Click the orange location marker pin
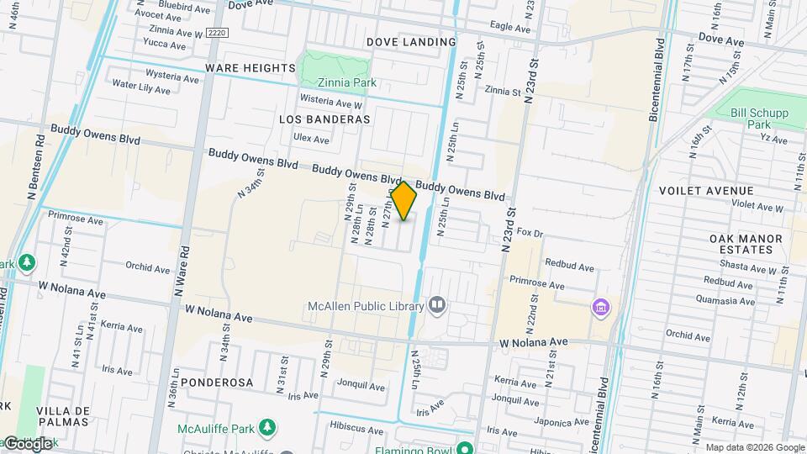(x=404, y=201)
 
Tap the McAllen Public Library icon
(x=437, y=304)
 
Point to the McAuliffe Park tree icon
(x=267, y=428)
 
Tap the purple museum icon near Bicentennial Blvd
(x=600, y=308)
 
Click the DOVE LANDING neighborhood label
(x=411, y=42)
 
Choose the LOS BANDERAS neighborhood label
(x=324, y=119)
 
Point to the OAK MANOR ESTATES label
(x=746, y=244)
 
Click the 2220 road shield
(x=216, y=32)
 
